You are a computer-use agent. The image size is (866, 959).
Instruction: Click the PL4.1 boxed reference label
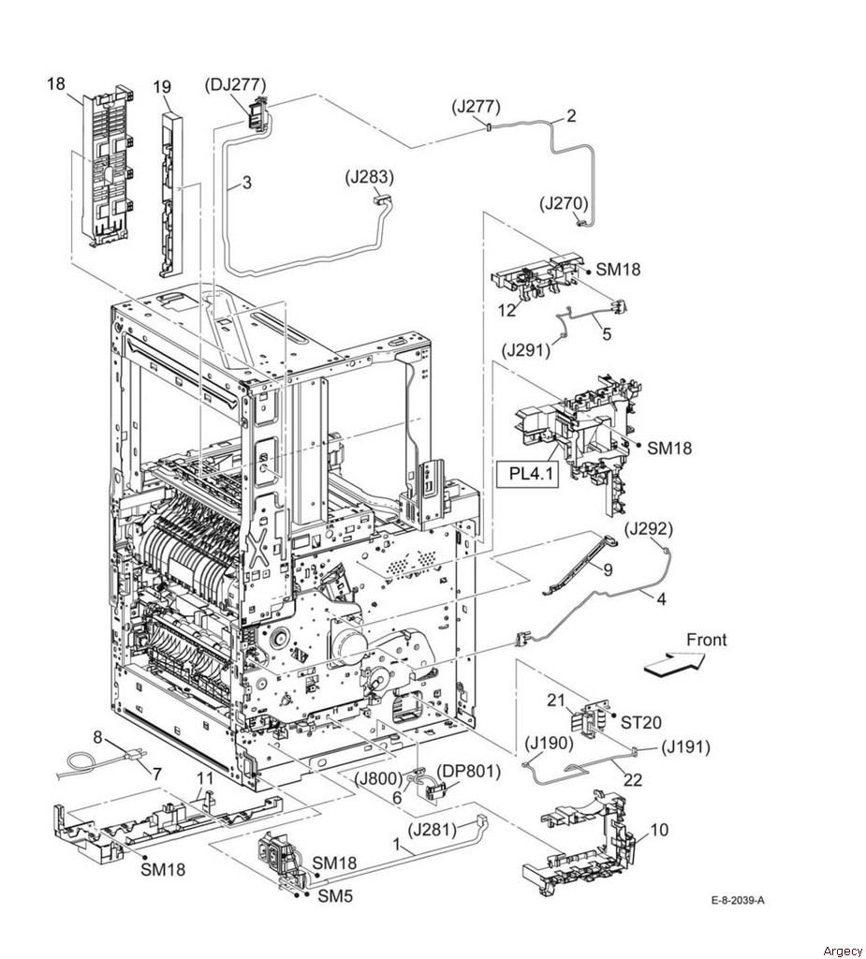click(x=527, y=473)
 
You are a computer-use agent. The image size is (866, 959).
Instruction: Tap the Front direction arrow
click(x=675, y=664)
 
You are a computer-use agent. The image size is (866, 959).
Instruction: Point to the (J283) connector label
click(x=370, y=177)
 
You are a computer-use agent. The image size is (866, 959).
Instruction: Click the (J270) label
click(x=564, y=203)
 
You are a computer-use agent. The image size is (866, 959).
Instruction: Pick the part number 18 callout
click(x=55, y=83)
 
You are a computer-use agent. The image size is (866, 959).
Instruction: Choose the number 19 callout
click(x=162, y=87)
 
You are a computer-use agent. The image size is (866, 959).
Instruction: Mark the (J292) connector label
click(x=649, y=528)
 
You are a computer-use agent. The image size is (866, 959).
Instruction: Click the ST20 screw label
click(x=641, y=722)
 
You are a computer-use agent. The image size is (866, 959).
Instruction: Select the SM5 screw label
click(x=335, y=896)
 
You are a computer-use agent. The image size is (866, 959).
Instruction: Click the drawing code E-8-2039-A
click(x=739, y=900)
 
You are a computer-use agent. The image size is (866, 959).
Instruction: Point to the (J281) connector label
click(x=433, y=830)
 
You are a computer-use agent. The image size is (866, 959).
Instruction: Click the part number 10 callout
click(x=659, y=830)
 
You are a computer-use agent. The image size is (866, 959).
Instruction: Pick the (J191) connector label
click(x=685, y=746)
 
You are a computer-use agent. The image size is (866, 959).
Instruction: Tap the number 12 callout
click(x=507, y=310)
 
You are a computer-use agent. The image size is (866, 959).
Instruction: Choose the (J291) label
click(x=526, y=351)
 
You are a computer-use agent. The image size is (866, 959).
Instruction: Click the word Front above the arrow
click(x=707, y=640)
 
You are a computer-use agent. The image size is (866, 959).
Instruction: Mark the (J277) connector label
click(x=477, y=107)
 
